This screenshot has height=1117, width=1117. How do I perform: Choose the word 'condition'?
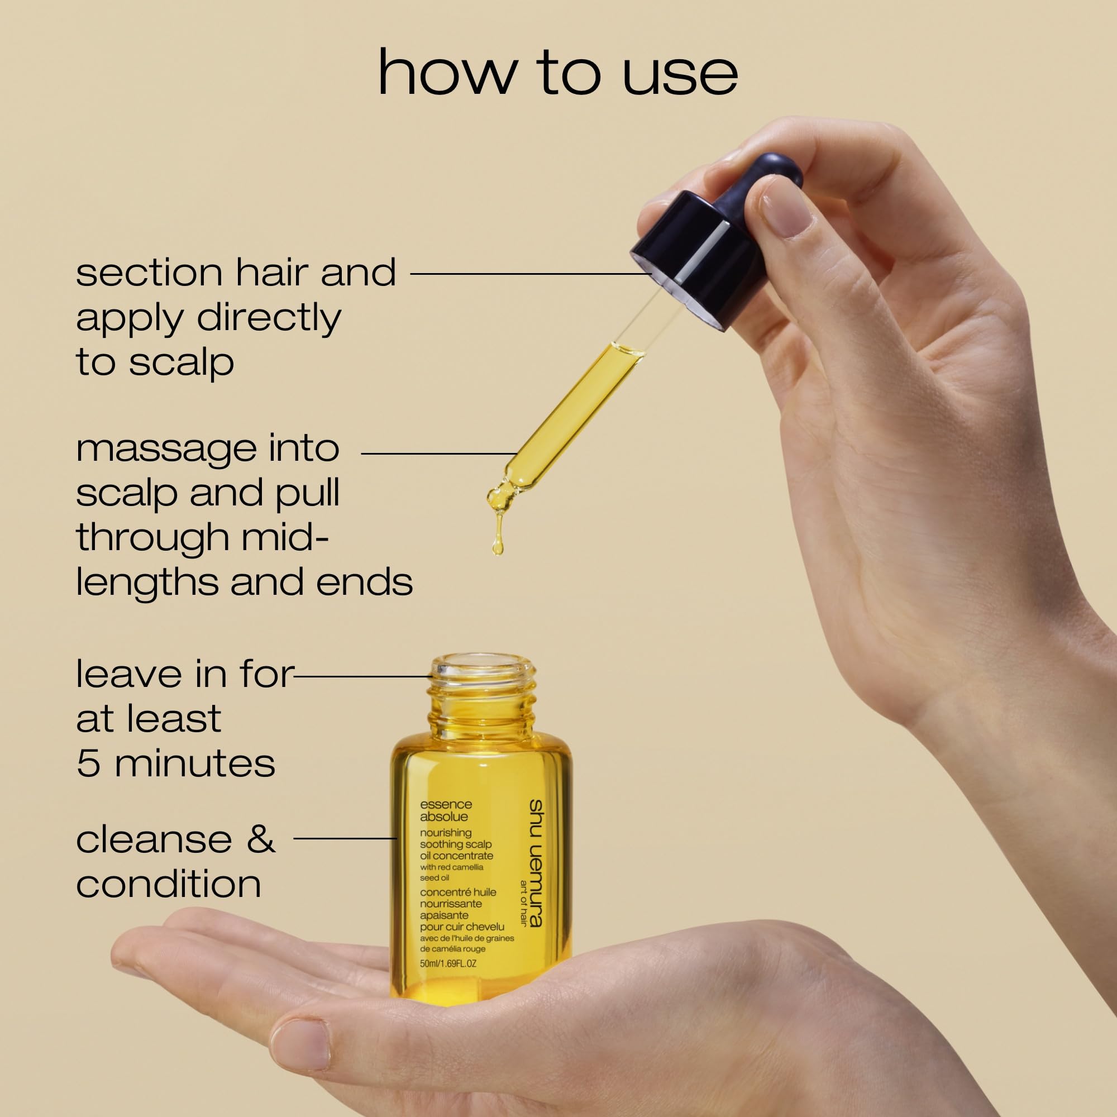click(x=168, y=885)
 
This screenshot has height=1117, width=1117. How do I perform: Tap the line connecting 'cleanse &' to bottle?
click(x=345, y=838)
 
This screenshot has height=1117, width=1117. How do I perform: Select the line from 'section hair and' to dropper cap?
click(x=531, y=274)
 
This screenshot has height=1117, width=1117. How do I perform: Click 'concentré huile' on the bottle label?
click(x=458, y=892)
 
